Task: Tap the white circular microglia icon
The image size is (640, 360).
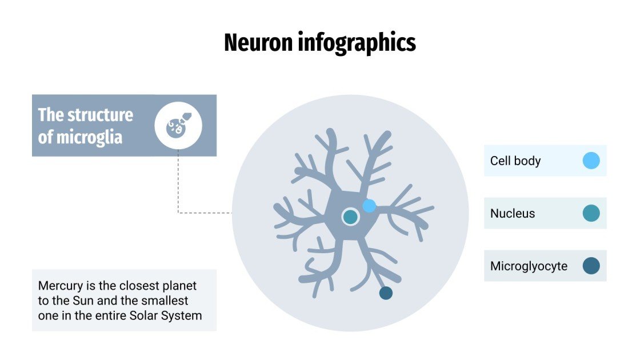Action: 178,126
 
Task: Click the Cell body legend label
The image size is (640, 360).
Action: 515,161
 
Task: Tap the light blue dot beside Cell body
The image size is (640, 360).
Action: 591,161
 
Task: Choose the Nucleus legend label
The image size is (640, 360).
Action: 513,214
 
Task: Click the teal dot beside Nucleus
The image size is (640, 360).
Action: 591,214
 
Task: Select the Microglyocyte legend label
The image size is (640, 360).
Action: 529,266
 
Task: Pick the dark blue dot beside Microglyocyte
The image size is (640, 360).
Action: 591,266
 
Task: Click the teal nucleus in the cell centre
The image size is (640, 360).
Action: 350,217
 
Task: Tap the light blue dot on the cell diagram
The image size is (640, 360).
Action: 369,206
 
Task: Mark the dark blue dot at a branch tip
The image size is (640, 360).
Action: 386,293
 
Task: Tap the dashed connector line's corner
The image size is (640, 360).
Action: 178,213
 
